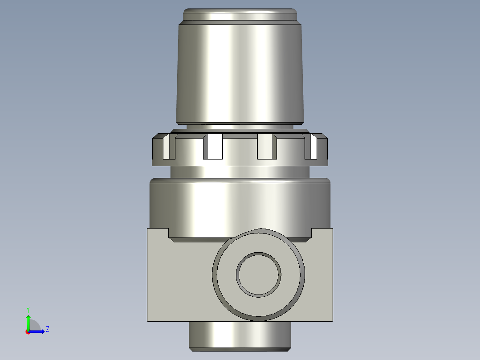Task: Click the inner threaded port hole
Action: coord(258,274)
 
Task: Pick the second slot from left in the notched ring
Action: coord(213,147)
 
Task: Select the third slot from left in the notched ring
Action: coord(266,147)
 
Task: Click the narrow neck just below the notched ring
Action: coord(240,172)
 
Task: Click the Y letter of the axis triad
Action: coord(28,309)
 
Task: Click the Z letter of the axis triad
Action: coord(47,329)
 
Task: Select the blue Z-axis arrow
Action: coord(38,331)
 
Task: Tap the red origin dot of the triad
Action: coord(28,332)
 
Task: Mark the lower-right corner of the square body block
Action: coord(332,320)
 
